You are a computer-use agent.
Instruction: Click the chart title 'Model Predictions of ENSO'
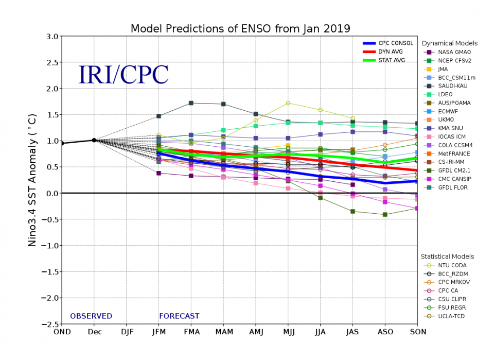(240, 28)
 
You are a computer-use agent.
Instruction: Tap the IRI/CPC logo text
(123, 75)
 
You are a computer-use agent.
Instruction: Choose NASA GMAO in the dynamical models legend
(454, 52)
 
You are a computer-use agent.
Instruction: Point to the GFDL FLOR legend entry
(453, 187)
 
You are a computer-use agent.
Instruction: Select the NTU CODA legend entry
(453, 265)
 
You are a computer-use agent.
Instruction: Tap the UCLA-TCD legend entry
(451, 316)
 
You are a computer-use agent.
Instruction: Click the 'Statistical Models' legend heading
(447, 256)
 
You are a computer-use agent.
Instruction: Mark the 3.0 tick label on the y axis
(52, 37)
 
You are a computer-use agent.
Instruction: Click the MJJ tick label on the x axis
(288, 332)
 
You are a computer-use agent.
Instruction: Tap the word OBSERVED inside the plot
(91, 316)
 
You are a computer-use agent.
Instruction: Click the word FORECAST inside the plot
(179, 316)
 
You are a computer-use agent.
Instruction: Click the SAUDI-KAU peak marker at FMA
(191, 103)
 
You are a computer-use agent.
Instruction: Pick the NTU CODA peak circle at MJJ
(288, 103)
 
